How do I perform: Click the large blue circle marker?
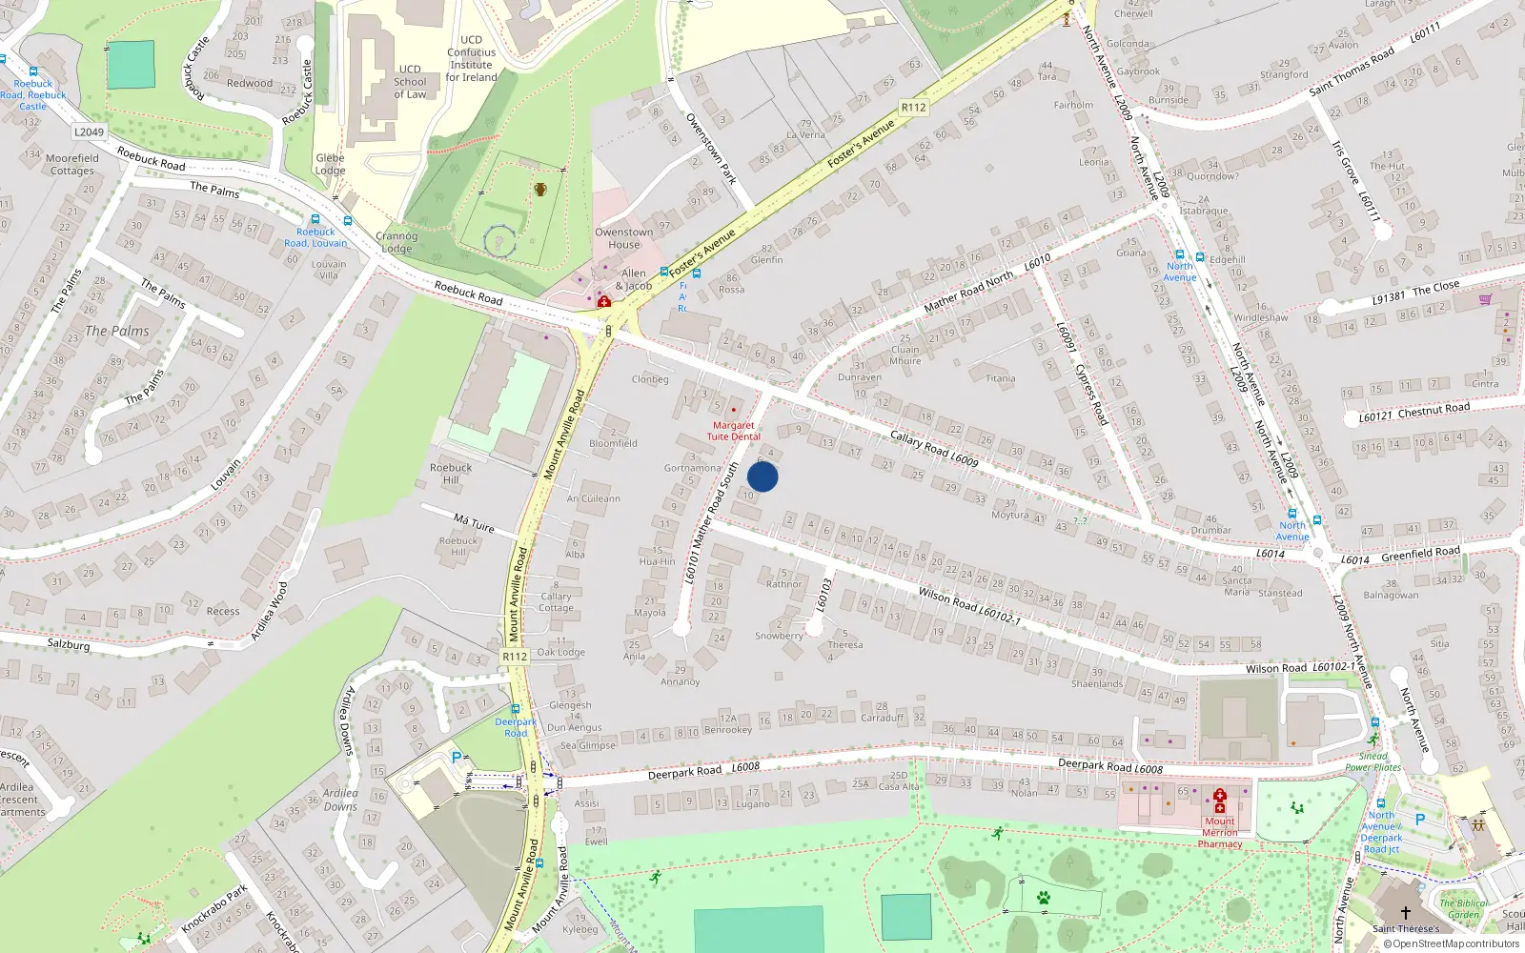(x=762, y=476)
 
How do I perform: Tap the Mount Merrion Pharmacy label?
(x=1220, y=832)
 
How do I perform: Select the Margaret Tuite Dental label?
(x=733, y=431)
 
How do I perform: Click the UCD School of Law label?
(x=410, y=82)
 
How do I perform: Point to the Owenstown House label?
(x=624, y=238)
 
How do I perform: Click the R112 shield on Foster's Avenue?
(x=913, y=108)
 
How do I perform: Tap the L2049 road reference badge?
(x=89, y=132)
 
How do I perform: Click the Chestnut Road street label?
(x=1433, y=410)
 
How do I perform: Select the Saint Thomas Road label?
(x=1352, y=71)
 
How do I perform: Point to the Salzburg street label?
(x=69, y=644)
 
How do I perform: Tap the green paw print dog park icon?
(x=1044, y=898)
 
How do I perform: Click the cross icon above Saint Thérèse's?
(x=1405, y=912)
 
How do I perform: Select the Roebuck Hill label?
(x=451, y=474)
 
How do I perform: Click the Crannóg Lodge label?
(x=396, y=242)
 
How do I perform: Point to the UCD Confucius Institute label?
(x=472, y=59)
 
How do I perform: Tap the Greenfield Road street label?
(x=1420, y=553)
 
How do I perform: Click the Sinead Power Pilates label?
(x=1373, y=761)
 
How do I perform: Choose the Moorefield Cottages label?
(x=72, y=164)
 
